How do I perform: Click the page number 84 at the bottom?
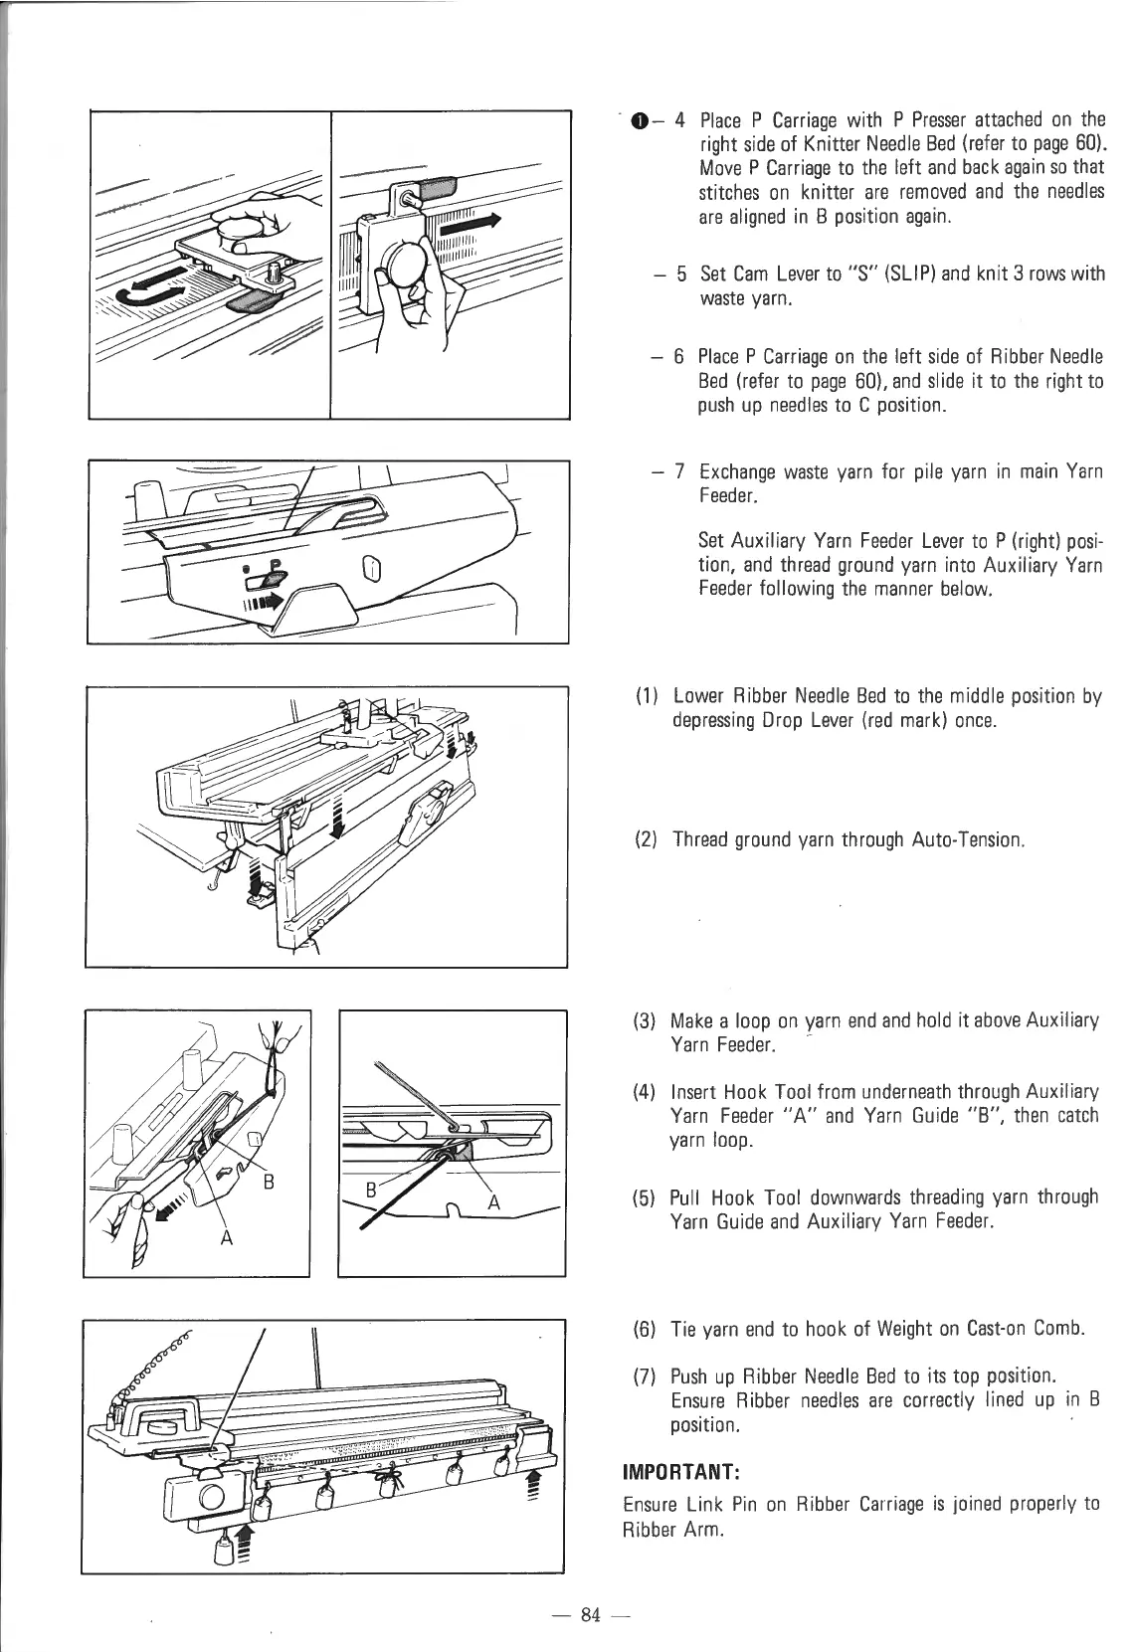tap(591, 1614)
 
